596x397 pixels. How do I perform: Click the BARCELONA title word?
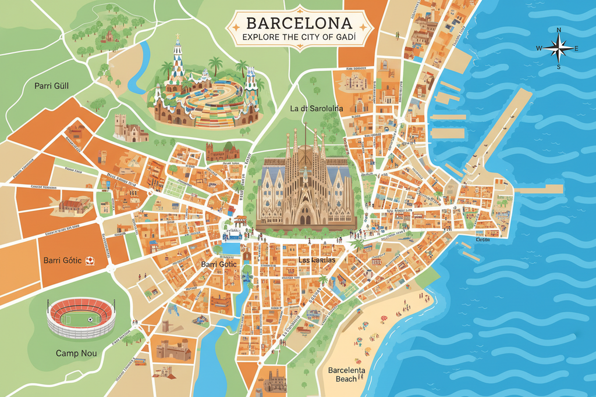[x=299, y=23]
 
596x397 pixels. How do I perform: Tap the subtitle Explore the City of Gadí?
[x=299, y=37]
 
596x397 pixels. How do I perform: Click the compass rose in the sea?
[x=558, y=48]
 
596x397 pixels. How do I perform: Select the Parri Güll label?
[x=51, y=86]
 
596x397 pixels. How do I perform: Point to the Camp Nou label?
[x=76, y=353]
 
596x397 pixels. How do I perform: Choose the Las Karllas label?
[x=316, y=260]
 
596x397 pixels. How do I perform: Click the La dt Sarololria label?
[x=317, y=108]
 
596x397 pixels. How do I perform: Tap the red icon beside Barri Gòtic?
[x=90, y=260]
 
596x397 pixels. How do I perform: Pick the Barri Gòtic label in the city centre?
[x=219, y=264]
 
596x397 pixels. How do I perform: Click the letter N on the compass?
[x=559, y=30]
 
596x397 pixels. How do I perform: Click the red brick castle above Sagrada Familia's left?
[x=222, y=152]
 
